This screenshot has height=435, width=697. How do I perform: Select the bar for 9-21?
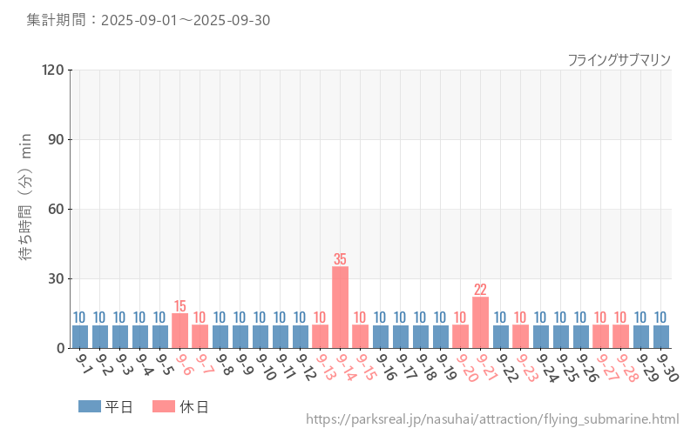[x=480, y=323]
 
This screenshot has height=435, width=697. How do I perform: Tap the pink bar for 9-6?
[x=180, y=331]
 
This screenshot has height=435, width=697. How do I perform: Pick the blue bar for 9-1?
[x=80, y=337]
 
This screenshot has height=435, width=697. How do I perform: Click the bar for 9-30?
[x=660, y=337]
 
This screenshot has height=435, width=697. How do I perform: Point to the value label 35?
[x=340, y=259]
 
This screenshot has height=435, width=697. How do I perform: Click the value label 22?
[x=480, y=290]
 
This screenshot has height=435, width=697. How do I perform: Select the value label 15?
[x=180, y=306]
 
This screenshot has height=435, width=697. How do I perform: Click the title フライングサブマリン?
[x=619, y=59]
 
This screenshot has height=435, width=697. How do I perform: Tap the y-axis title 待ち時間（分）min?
[x=26, y=209]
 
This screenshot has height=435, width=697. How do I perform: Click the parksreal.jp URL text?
[x=492, y=419]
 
